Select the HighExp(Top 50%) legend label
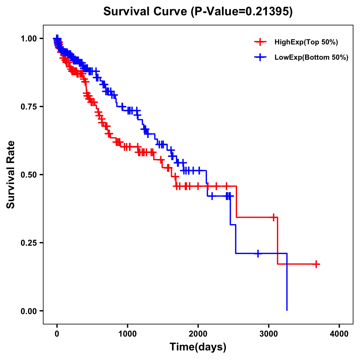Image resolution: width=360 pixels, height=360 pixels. (x=306, y=42)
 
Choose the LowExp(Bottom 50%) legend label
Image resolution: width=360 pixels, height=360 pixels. (x=311, y=58)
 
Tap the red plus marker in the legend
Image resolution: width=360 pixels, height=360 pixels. (x=260, y=42)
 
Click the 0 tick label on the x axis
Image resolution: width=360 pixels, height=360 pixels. (x=57, y=334)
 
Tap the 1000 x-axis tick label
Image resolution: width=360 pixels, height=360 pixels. (x=127, y=334)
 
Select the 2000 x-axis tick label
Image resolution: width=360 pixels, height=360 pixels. (x=198, y=334)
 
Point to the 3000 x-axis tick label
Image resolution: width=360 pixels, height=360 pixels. (x=269, y=334)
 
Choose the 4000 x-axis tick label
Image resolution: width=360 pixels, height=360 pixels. (x=339, y=334)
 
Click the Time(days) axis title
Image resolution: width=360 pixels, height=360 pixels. (x=198, y=347)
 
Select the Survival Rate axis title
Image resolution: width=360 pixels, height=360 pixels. (x=11, y=175)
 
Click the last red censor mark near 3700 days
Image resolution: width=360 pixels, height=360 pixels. (x=316, y=264)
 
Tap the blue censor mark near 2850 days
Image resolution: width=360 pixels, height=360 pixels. (x=258, y=253)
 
